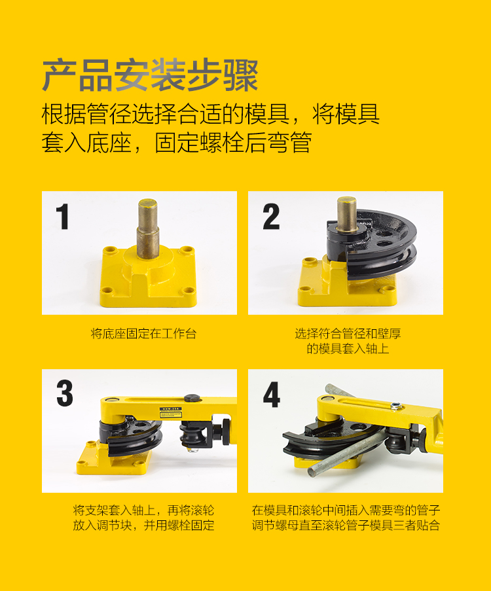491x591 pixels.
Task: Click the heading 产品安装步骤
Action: (150, 75)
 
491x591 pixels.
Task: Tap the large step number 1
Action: (62, 217)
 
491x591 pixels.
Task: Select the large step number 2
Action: (271, 217)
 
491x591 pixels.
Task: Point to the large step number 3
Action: (64, 394)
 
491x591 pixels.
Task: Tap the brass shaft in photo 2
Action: (347, 216)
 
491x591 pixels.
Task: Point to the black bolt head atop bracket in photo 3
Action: (191, 397)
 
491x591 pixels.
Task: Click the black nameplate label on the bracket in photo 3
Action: (169, 412)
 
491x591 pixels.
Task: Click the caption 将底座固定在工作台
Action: (143, 334)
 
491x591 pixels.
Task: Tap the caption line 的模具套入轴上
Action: (348, 349)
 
